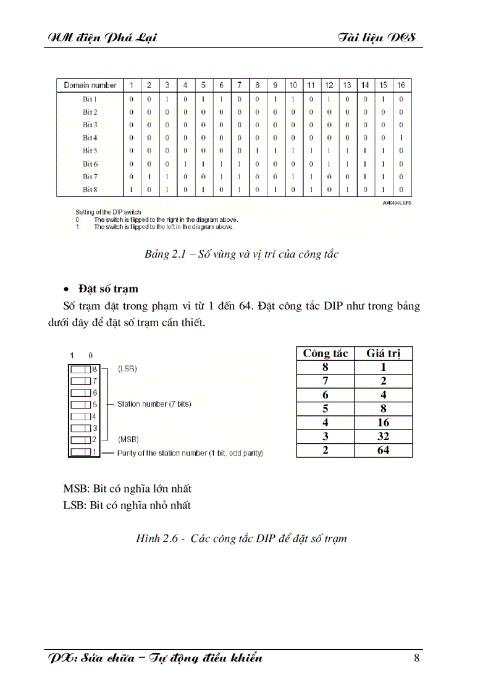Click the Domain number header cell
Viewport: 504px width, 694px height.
pos(90,85)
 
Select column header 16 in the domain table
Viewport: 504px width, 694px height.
pos(401,85)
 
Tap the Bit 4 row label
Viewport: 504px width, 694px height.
pos(90,138)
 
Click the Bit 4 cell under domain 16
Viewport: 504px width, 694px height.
pos(401,138)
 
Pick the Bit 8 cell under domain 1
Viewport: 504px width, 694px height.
pos(131,190)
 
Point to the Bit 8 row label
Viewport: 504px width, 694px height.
pos(90,190)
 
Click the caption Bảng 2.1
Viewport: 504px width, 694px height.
pos(241,254)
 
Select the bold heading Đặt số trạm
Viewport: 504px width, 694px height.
pos(108,289)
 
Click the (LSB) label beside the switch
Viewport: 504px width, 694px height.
pos(127,368)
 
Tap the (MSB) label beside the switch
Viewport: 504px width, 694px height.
pos(128,439)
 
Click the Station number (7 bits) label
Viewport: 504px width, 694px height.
pos(154,404)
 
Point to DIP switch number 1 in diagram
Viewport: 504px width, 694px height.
pos(82,453)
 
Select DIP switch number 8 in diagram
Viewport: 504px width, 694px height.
pos(82,369)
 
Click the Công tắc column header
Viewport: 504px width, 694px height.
pos(325,353)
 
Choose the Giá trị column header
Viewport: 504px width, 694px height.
pos(383,353)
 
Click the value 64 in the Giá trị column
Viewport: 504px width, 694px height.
pos(383,451)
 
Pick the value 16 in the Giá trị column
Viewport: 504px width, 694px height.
pos(383,423)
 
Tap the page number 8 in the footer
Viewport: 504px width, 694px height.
pos(417,658)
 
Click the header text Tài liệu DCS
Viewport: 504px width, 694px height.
pos(377,38)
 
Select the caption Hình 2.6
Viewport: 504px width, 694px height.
pos(241,538)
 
